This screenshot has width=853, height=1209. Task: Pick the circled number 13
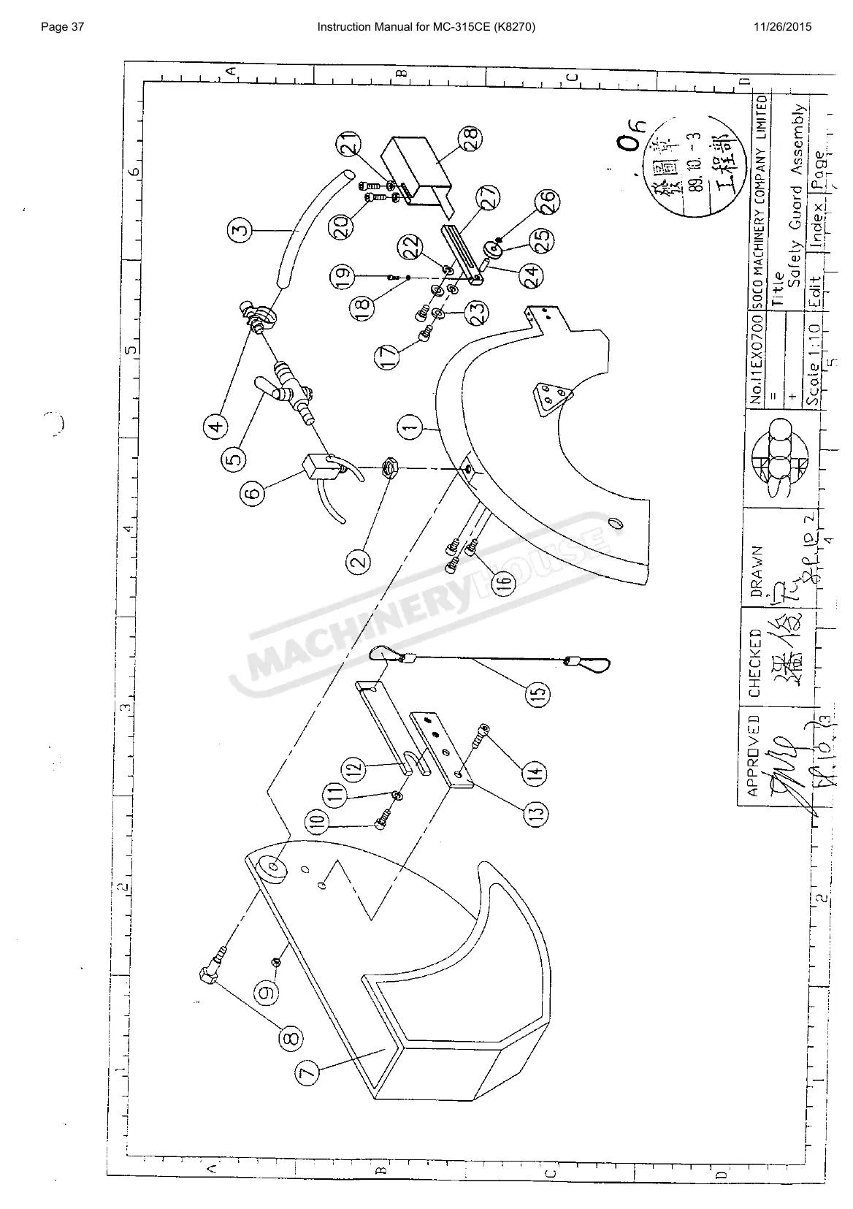point(537,812)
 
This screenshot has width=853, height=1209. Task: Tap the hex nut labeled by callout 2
point(387,465)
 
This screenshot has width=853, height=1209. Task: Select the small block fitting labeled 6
point(319,468)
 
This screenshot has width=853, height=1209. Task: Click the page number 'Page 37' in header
point(64,28)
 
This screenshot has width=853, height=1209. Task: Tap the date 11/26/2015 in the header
point(782,28)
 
